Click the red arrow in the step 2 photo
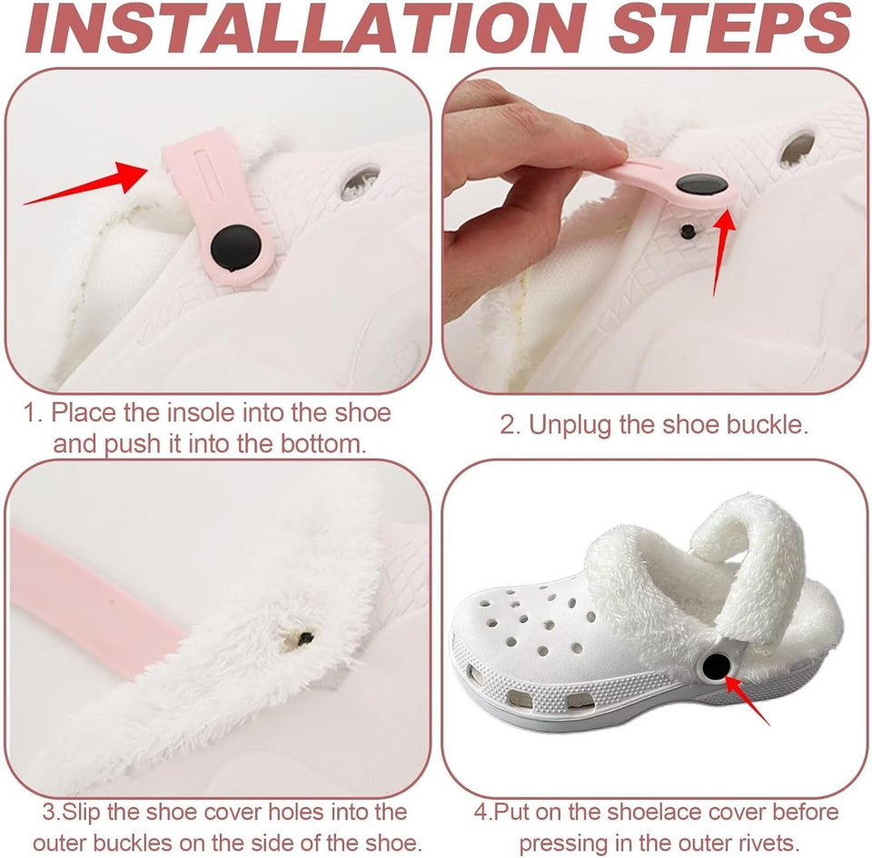(723, 245)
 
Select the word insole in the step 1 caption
(201, 413)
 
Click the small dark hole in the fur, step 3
(305, 637)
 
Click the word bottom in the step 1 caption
(321, 444)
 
